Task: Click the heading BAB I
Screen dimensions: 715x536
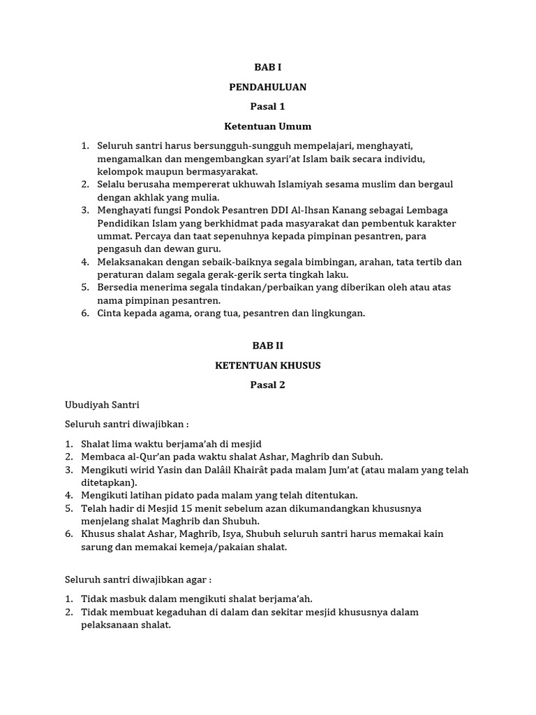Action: coord(267,68)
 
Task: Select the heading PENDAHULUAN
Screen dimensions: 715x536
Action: coord(267,87)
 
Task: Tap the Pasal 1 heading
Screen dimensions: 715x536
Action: coord(267,107)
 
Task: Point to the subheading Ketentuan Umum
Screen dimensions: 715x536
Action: coord(267,126)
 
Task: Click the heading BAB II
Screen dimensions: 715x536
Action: coord(267,346)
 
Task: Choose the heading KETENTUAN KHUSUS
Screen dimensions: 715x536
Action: coord(267,365)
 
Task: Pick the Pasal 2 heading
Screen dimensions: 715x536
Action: coord(267,385)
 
